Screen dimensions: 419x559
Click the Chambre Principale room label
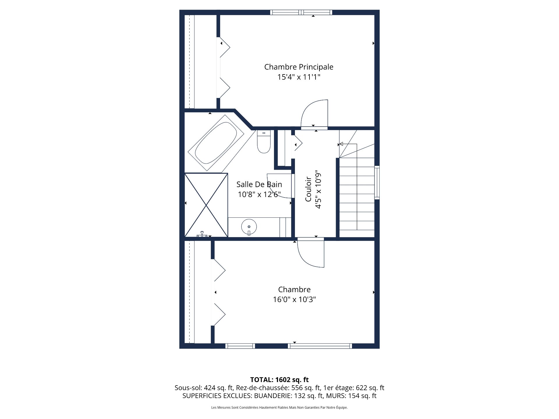coord(299,67)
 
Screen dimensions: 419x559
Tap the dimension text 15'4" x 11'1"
coord(299,77)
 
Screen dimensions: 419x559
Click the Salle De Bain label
coord(259,184)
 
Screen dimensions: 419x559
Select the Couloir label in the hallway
coord(308,189)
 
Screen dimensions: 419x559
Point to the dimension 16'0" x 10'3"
coord(294,299)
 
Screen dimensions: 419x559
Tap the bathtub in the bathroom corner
coord(216,143)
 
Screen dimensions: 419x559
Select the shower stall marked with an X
coord(206,205)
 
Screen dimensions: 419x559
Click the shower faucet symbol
coord(202,234)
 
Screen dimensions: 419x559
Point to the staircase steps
coord(357,198)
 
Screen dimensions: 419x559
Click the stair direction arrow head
coord(341,144)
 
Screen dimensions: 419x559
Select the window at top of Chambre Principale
coord(301,12)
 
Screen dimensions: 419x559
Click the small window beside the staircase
coord(377,182)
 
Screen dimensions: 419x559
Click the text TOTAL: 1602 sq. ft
coord(279,380)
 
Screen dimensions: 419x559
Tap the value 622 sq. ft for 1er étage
coord(370,388)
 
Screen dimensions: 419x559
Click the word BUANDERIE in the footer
coord(273,396)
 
